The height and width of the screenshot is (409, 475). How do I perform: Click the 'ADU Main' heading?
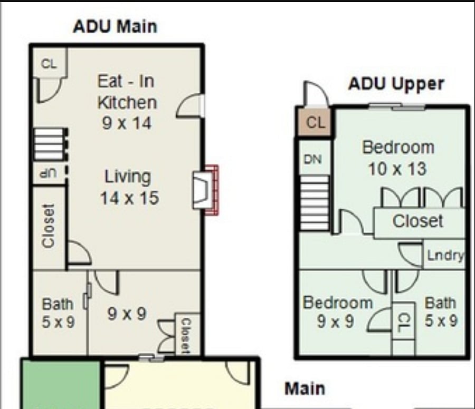115,27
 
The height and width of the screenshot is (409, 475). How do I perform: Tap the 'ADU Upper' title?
396,84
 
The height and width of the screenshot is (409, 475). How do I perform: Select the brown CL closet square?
315,122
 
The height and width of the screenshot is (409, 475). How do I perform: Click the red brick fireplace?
212,190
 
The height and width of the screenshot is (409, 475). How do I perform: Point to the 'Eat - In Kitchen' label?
127,92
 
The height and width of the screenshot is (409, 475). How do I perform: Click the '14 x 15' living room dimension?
129,198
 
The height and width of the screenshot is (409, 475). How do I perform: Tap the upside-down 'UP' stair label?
49,173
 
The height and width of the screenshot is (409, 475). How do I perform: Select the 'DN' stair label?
312,159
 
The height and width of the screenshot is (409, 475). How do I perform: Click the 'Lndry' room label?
445,256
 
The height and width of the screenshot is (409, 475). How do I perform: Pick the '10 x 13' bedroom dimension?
397,169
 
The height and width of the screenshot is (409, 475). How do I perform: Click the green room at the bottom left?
61,384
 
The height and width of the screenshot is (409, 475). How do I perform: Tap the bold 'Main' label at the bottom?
305,389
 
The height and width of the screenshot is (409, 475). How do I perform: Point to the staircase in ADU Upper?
314,203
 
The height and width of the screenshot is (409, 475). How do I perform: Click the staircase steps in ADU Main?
49,144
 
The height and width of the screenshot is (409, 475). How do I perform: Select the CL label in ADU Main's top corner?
49,64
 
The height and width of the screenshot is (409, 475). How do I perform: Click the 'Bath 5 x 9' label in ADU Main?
58,313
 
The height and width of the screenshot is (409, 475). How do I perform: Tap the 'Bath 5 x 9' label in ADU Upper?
441,311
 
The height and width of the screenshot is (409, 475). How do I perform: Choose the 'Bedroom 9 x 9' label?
337,312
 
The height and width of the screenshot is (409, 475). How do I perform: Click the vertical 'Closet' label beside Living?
49,226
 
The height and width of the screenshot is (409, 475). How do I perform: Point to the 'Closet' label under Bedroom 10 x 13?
418,221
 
